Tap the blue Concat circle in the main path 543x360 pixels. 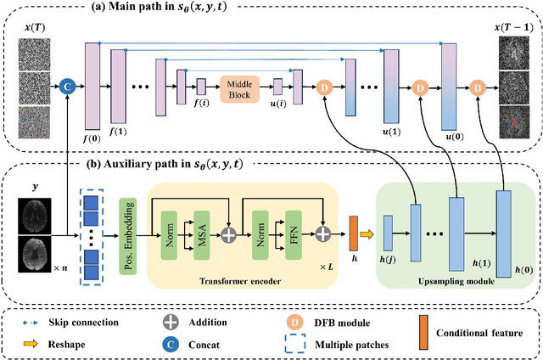[67, 85]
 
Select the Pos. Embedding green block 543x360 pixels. [128, 223]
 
